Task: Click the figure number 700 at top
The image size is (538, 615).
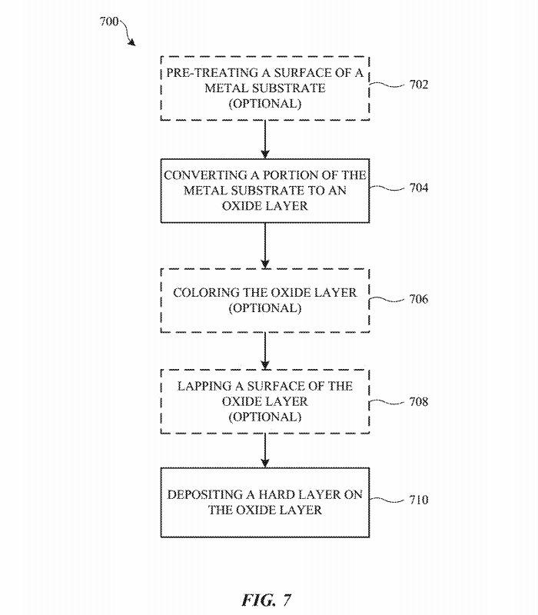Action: click(x=109, y=21)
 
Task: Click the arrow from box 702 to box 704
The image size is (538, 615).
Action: click(x=264, y=138)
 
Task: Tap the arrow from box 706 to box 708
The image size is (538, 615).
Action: click(x=264, y=350)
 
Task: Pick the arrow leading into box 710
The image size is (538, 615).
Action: click(x=264, y=450)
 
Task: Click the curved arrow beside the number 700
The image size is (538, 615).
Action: click(x=130, y=34)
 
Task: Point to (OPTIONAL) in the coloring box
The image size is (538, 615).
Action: click(x=264, y=308)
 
